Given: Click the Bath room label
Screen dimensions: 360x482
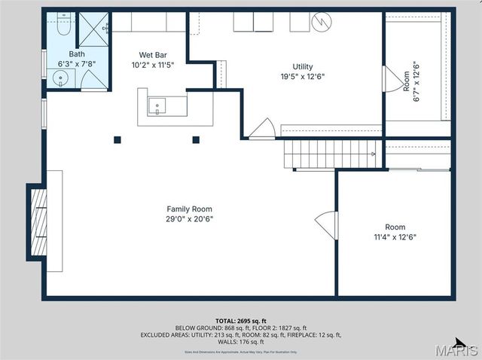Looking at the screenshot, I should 77,54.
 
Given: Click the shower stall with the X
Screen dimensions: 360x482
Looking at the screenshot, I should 94,30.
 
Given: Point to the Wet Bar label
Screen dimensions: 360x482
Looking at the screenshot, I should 152,54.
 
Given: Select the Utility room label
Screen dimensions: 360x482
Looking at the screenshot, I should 303,66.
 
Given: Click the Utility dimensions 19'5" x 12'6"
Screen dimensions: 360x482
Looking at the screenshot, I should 303,77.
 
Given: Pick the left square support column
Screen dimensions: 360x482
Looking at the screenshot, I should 117,139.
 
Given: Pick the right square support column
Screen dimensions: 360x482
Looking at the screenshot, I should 196,139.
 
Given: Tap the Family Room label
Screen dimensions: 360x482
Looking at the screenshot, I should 189,209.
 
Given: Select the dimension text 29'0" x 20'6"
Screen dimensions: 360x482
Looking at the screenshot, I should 189,219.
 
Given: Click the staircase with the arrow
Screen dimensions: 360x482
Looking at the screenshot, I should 331,154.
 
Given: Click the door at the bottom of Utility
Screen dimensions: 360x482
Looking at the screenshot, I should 262,130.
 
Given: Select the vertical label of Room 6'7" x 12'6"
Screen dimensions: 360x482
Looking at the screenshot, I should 410,81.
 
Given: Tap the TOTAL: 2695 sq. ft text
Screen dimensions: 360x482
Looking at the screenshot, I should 241,321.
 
